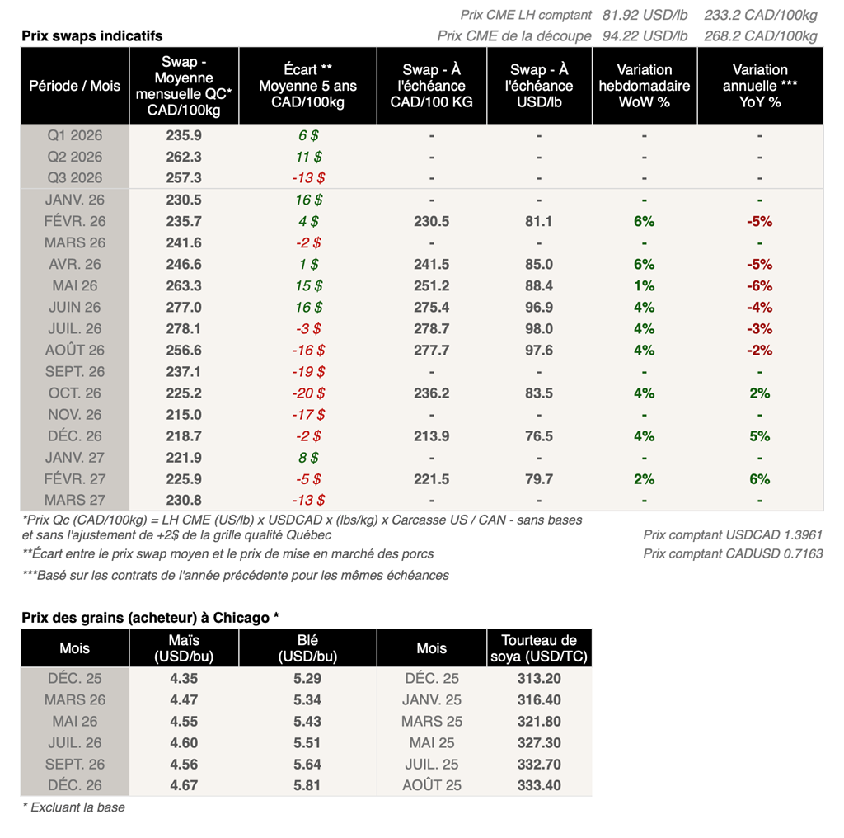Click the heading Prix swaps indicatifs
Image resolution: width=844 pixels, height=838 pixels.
91,35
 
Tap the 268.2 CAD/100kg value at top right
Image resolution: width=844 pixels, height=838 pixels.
761,35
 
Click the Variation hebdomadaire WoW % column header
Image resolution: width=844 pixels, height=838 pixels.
645,86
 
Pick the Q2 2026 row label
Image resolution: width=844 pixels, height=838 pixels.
75,157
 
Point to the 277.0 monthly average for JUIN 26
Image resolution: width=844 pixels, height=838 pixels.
184,307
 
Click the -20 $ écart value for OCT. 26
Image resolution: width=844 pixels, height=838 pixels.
308,393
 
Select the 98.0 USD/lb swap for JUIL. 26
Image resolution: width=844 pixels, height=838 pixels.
539,328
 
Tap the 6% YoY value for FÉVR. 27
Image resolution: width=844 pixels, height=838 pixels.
759,478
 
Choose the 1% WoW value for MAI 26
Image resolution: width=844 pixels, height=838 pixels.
645,285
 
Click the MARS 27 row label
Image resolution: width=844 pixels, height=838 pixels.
75,500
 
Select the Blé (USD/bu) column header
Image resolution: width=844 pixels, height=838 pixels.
307,648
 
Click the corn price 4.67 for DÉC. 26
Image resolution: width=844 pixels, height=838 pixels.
184,785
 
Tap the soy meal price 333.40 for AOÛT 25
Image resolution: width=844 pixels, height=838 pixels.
539,785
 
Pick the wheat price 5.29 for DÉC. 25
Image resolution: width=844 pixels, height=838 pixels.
307,678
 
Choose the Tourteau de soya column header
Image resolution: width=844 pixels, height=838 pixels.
539,648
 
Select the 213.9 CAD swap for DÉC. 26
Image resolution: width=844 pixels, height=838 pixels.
432,435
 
